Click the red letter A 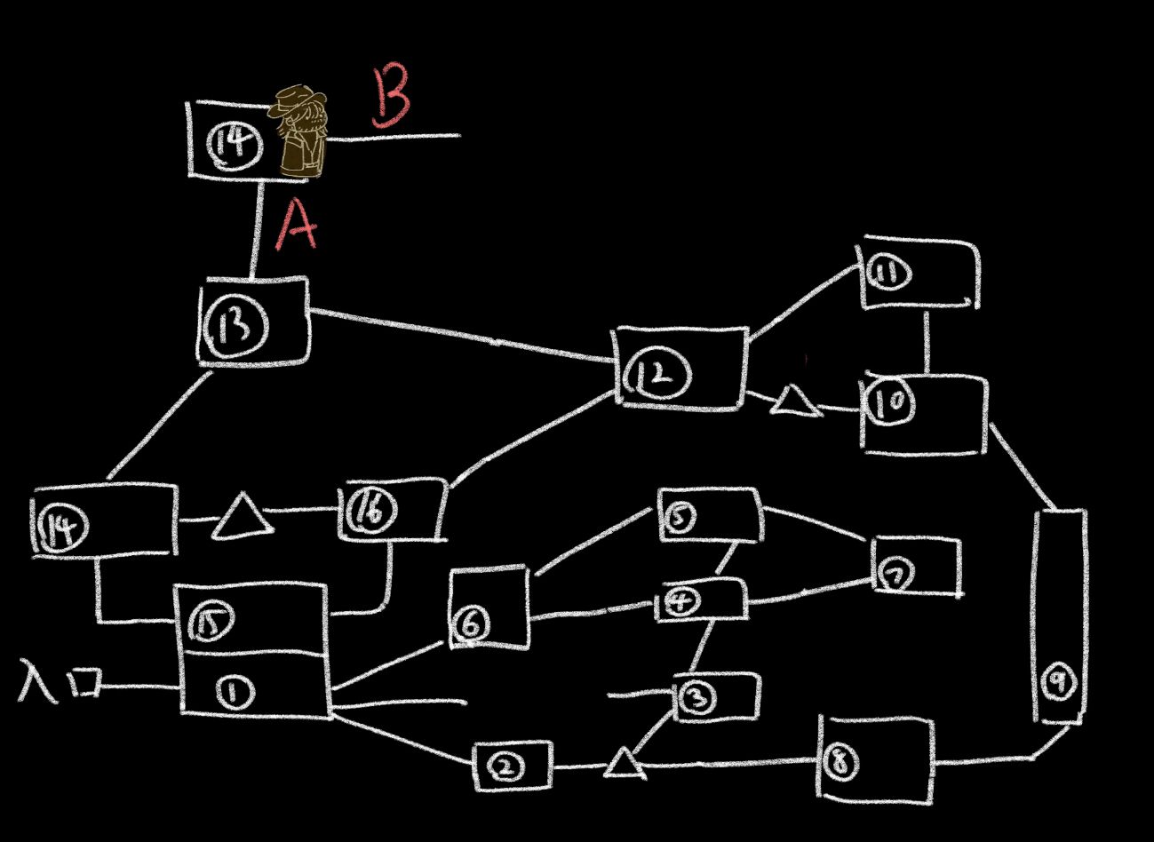coord(296,226)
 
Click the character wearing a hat coord(302,131)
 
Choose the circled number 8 coord(840,763)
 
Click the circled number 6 coord(471,626)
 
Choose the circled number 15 coord(211,622)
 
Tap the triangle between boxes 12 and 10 coord(792,401)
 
